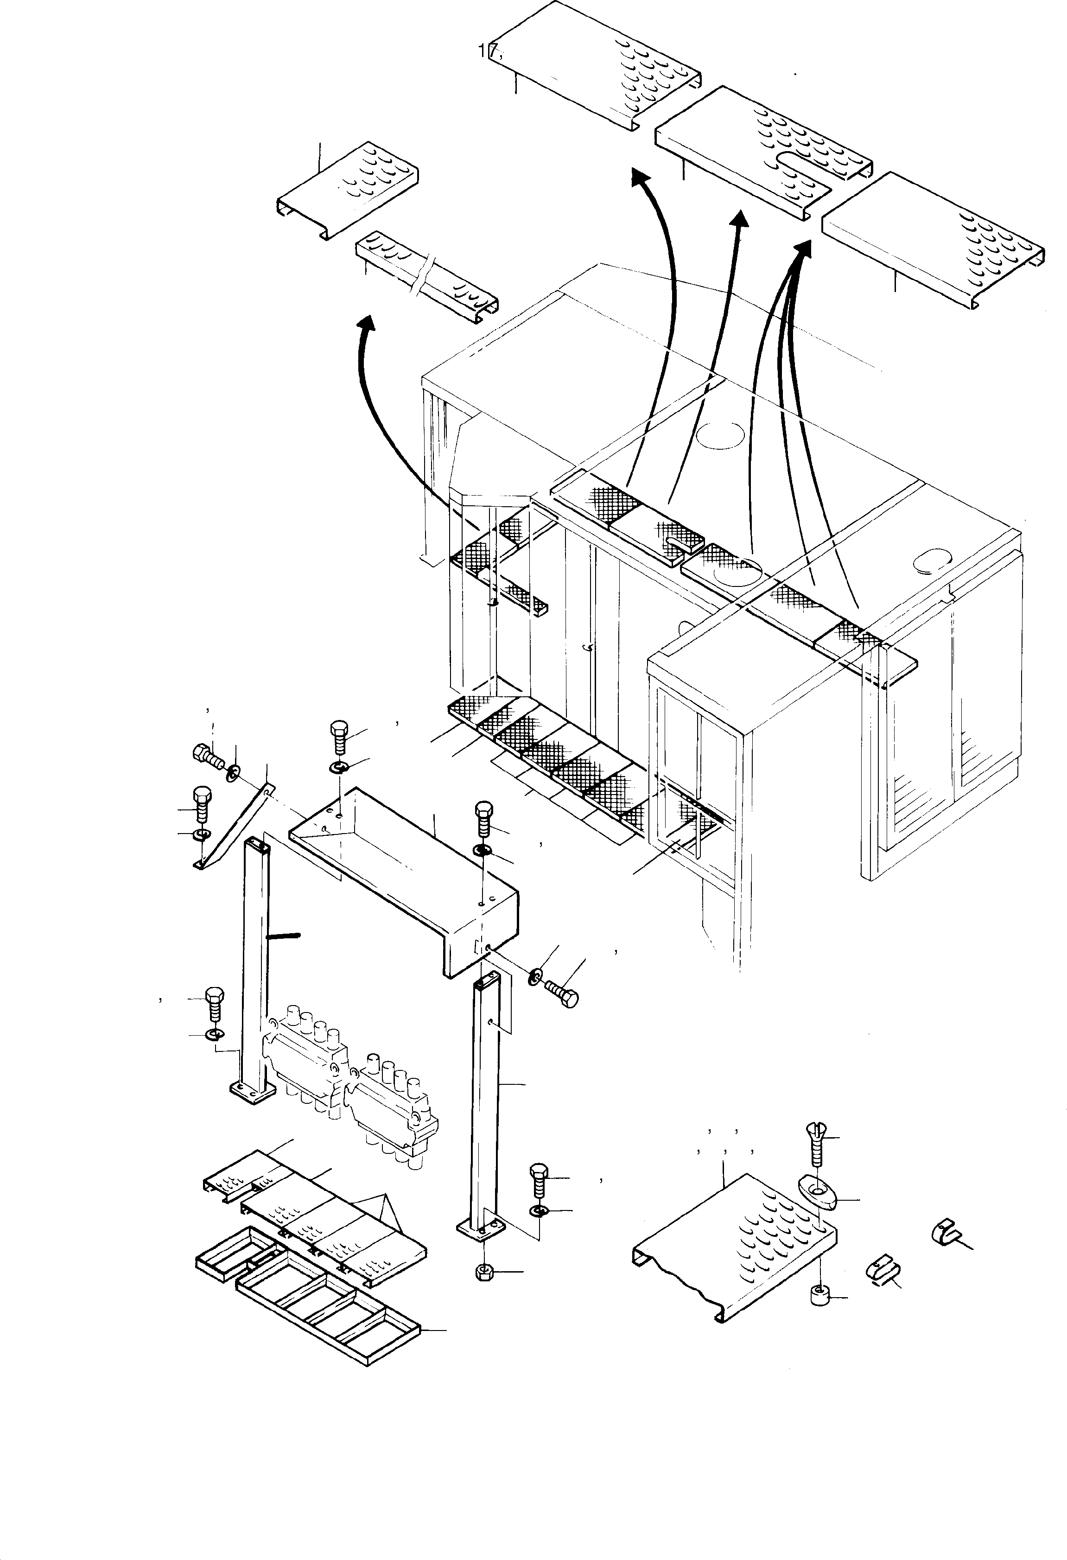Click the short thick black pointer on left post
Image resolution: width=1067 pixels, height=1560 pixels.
tap(283, 935)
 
